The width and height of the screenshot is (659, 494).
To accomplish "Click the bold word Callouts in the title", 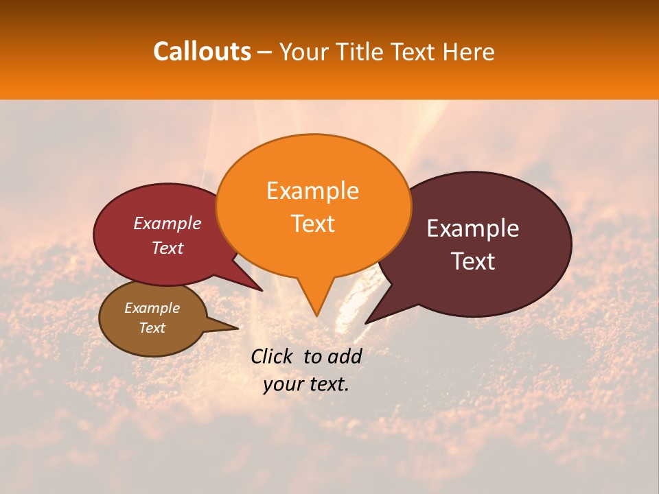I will (202, 51).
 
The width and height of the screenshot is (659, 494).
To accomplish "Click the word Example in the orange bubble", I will (312, 191).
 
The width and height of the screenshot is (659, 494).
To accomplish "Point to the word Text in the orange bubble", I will (312, 224).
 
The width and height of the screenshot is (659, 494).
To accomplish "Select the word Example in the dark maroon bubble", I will (473, 228).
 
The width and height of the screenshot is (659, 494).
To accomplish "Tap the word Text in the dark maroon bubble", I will (473, 261).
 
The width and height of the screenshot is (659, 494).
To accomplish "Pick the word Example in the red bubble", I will (167, 223).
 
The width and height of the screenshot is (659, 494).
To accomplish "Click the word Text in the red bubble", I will (167, 248).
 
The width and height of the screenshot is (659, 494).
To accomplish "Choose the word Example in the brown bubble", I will (152, 308).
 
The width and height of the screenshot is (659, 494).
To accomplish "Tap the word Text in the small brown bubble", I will (152, 328).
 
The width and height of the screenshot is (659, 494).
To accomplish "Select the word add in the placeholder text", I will (345, 356).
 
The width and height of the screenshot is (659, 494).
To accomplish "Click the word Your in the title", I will (303, 52).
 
